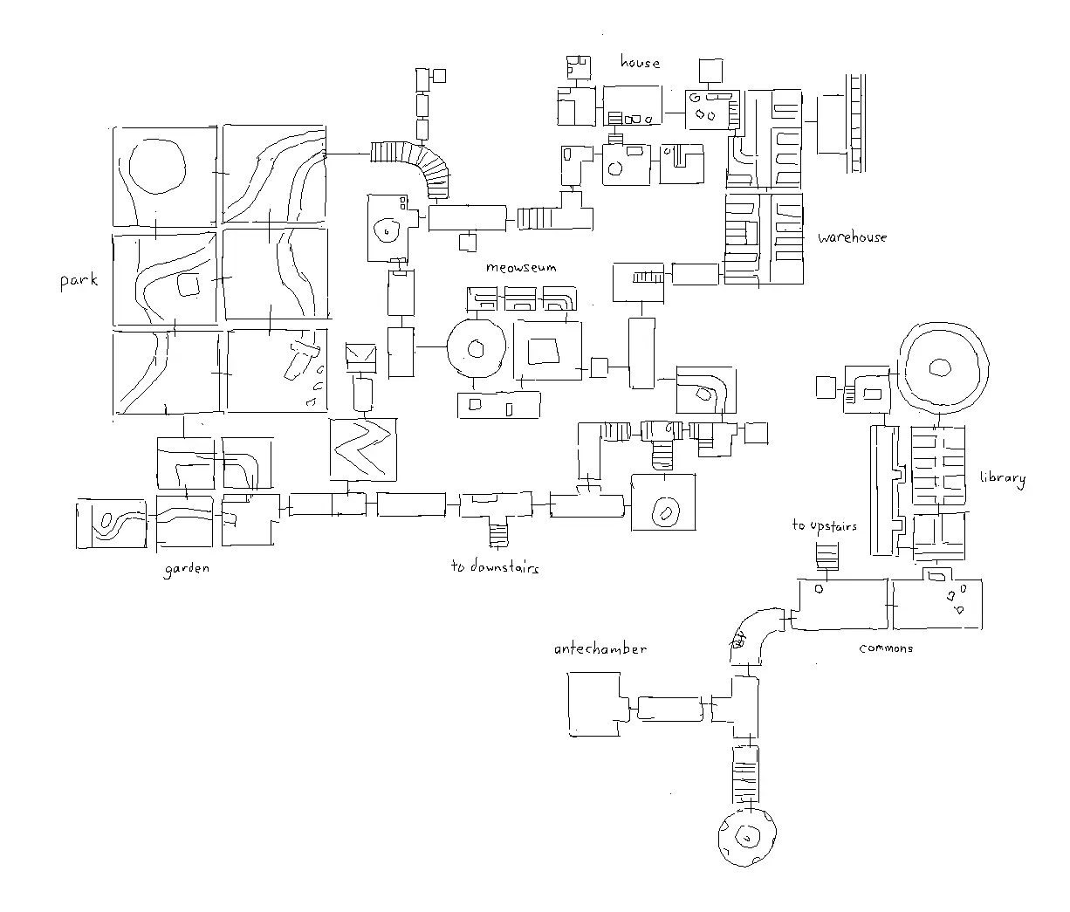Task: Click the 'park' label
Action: pyautogui.click(x=79, y=280)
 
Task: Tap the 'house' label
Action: pyautogui.click(x=640, y=62)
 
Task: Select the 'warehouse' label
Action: pyautogui.click(x=852, y=237)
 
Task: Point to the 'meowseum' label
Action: pyautogui.click(x=521, y=267)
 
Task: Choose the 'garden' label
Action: pyautogui.click(x=187, y=568)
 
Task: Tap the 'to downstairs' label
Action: pyautogui.click(x=495, y=566)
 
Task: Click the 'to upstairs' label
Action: pyautogui.click(x=824, y=525)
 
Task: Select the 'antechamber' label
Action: pyautogui.click(x=600, y=649)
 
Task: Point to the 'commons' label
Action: pyautogui.click(x=886, y=648)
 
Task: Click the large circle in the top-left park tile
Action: pyautogui.click(x=157, y=166)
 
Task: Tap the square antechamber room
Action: pyautogui.click(x=596, y=703)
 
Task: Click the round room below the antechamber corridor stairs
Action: pyautogui.click(x=746, y=837)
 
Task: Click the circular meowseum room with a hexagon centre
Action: pyautogui.click(x=476, y=348)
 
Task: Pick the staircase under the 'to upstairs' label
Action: pyautogui.click(x=826, y=556)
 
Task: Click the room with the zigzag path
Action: pyautogui.click(x=363, y=449)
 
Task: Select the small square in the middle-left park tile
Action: pyautogui.click(x=188, y=285)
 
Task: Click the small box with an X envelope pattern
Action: pyautogui.click(x=360, y=355)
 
